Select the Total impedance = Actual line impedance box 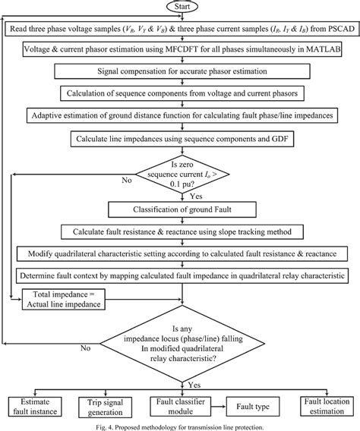[64, 300]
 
